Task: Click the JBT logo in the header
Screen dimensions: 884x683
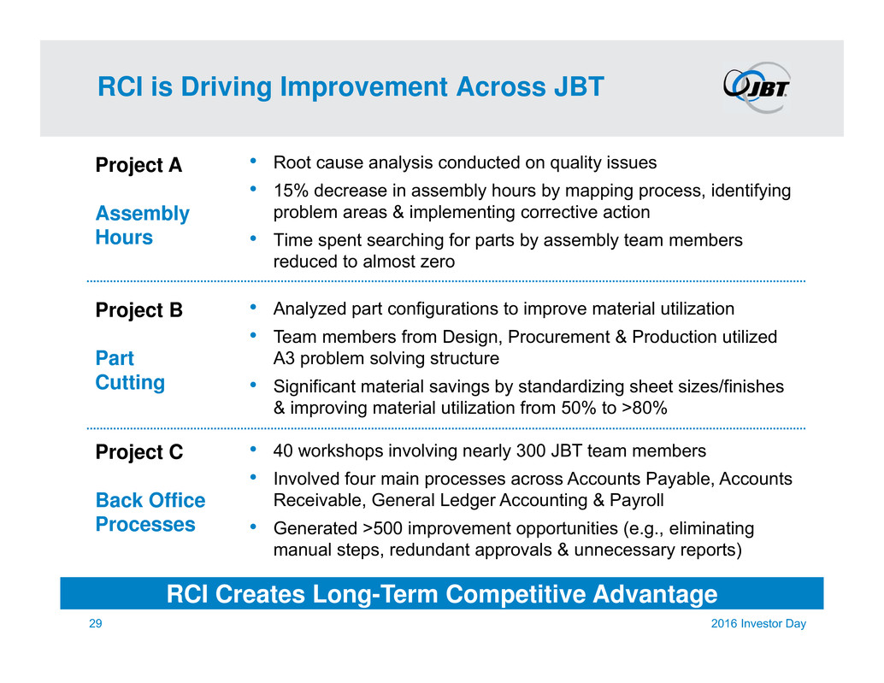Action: coord(757,87)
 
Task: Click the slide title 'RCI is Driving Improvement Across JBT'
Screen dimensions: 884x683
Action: coord(351,87)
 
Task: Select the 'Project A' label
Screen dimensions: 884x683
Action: coord(138,165)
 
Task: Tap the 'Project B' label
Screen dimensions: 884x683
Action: coord(139,310)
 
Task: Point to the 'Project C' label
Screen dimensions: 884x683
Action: coord(139,452)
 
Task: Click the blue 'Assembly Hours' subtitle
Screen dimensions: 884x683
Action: coord(143,226)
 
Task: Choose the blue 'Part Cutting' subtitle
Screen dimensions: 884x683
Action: coord(130,370)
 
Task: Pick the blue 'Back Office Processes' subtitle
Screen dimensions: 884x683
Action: coord(150,512)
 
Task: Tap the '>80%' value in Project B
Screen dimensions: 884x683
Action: coord(645,408)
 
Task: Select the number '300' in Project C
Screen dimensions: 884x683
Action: coord(531,450)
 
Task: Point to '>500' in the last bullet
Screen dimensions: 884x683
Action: coord(383,528)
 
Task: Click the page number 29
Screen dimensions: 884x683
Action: coord(95,623)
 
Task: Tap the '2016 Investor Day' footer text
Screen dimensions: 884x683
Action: coord(758,623)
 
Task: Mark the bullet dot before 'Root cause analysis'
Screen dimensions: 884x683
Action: coord(254,162)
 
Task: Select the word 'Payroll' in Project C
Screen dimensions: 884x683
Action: coord(637,500)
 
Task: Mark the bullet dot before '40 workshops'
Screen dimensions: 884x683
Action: coord(254,450)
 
